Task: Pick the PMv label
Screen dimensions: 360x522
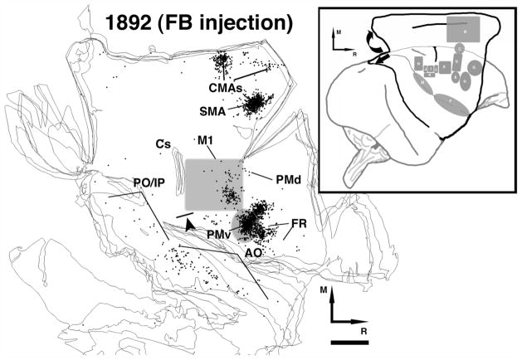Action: coord(218,236)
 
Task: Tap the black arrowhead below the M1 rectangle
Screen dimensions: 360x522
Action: coord(192,224)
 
